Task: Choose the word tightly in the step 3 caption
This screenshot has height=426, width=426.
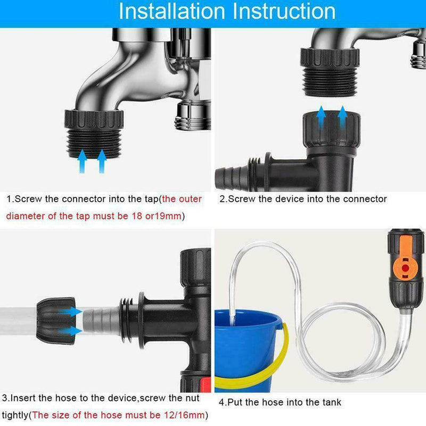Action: [15, 415]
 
